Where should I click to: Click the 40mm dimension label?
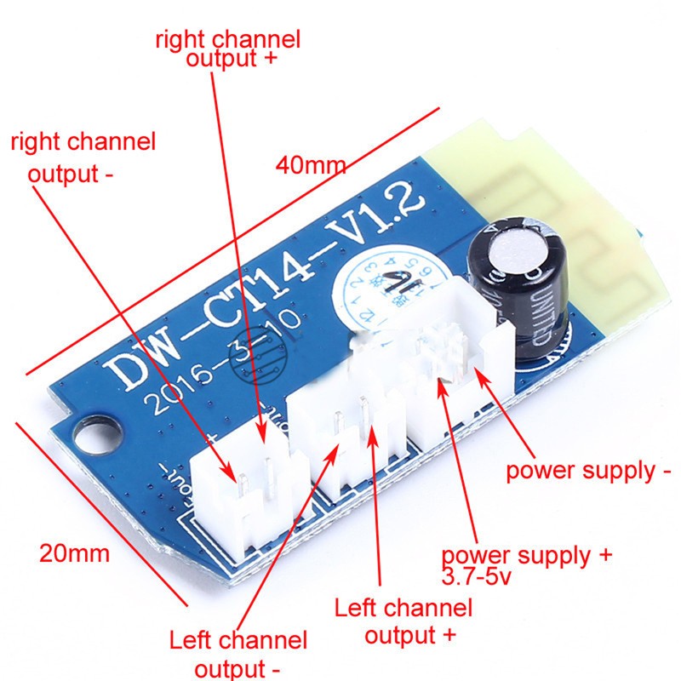pos(311,164)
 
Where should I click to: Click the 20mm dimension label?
pos(74,553)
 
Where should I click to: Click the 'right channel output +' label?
pos(227,49)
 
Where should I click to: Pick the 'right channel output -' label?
pos(83,157)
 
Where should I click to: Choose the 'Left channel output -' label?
pos(237,651)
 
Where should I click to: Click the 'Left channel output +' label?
pos(403,621)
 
